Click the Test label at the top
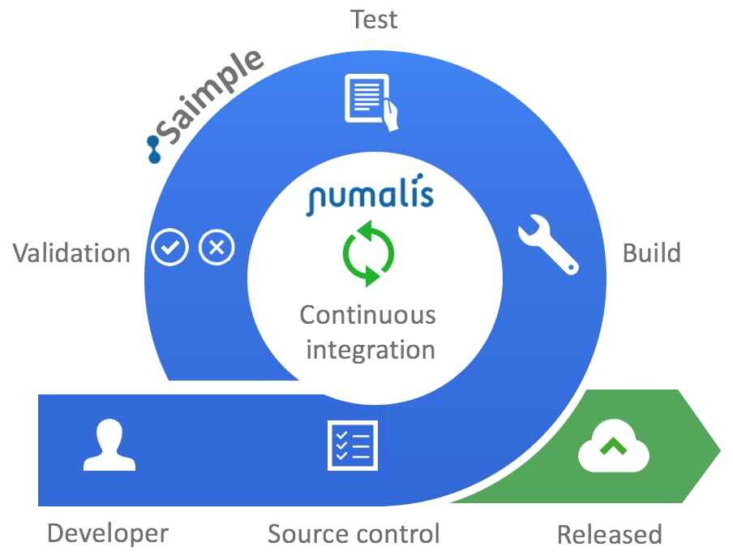374,19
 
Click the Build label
651,253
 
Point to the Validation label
71,253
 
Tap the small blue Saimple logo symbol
154,149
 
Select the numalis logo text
370,196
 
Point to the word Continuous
367,315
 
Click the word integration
371,350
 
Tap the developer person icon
109,446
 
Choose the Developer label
108,533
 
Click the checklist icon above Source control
352,445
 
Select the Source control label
354,534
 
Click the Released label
609,535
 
